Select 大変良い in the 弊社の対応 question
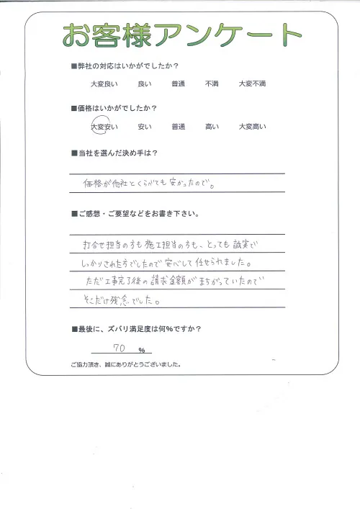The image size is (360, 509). click(x=105, y=84)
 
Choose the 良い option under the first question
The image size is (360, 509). click(x=144, y=84)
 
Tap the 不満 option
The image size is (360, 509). click(x=212, y=84)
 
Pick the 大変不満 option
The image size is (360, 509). click(x=252, y=84)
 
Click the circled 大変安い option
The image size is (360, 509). click(x=105, y=127)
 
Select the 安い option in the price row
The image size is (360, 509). click(x=144, y=127)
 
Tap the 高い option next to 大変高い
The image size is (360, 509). click(x=212, y=127)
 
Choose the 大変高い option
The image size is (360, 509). click(x=252, y=127)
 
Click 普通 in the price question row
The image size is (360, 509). click(x=179, y=127)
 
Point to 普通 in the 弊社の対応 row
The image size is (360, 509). click(x=179, y=84)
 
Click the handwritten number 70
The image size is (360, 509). click(x=121, y=348)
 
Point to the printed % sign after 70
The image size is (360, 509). click(x=142, y=350)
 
